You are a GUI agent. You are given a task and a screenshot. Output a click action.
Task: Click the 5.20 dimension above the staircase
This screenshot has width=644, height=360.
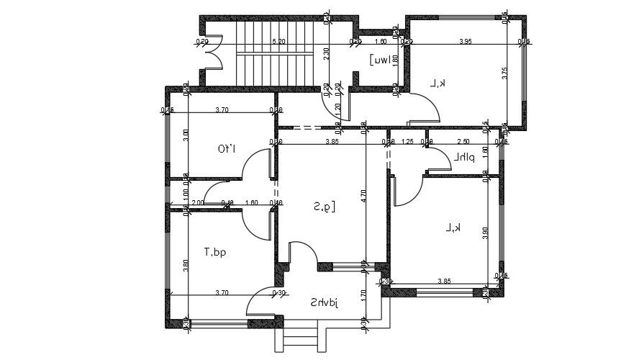[x=278, y=41]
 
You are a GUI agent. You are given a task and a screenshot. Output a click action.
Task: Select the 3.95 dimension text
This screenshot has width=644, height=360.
[x=466, y=41]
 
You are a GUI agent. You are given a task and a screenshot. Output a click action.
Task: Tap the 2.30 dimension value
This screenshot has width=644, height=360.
[x=327, y=53]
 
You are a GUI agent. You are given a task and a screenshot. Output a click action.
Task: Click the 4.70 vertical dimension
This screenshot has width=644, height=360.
[x=364, y=194]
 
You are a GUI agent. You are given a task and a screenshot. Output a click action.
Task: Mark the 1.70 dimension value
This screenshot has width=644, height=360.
[x=364, y=293]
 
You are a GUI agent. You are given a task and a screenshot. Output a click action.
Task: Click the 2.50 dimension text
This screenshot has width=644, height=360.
[x=463, y=142]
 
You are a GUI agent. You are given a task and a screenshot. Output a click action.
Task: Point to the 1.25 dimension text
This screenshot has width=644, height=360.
[x=407, y=142]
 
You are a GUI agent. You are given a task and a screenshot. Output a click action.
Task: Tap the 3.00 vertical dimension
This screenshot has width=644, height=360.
[x=185, y=133]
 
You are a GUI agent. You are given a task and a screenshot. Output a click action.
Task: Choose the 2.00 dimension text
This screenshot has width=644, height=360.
[x=197, y=203]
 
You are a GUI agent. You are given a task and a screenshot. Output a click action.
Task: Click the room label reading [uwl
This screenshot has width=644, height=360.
[x=381, y=60]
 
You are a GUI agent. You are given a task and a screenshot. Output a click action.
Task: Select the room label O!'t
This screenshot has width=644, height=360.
[x=228, y=150]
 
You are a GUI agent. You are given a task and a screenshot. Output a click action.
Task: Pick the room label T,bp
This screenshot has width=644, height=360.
[x=214, y=252]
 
